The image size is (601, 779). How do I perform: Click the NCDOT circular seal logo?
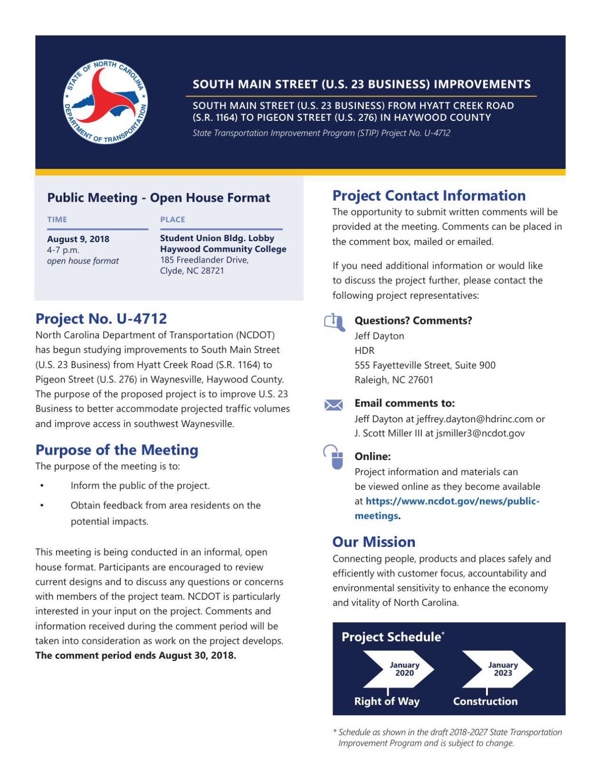(105, 102)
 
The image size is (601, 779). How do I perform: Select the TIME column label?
(57, 219)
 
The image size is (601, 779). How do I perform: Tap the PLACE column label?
(172, 219)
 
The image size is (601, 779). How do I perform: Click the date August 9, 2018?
(78, 239)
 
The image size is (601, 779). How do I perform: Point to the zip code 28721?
(211, 271)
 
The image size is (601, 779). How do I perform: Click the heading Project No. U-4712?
(101, 318)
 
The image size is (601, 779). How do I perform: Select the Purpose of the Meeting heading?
(117, 449)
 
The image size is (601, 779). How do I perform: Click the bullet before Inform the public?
(42, 486)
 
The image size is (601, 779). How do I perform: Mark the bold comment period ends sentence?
(135, 655)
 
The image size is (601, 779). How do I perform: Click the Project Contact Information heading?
(429, 195)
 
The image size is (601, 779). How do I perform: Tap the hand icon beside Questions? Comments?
(334, 322)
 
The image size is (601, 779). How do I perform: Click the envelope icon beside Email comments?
(334, 405)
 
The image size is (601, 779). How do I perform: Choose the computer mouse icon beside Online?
(335, 458)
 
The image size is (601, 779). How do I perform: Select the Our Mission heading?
(373, 542)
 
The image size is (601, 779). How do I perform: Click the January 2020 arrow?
(399, 669)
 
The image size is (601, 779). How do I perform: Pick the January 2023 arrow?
(497, 669)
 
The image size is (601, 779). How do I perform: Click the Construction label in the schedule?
(485, 701)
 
